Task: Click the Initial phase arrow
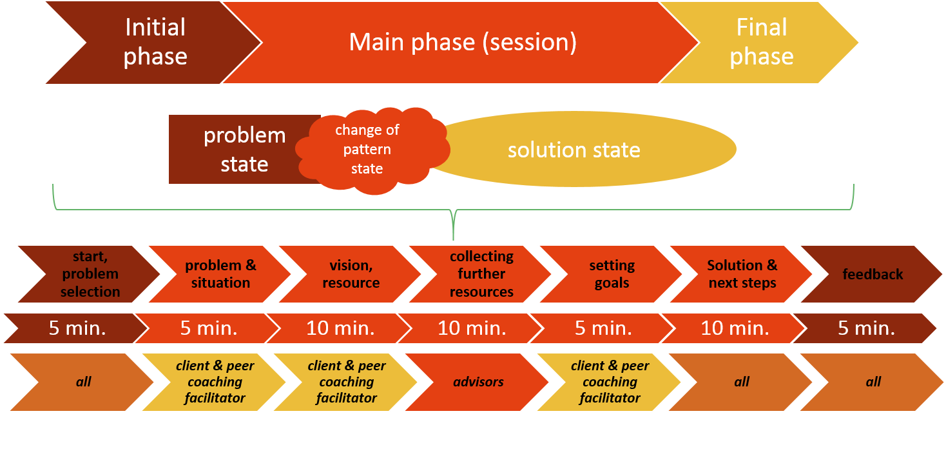[x=155, y=43]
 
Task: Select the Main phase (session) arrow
[x=463, y=43]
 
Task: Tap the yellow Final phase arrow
[x=761, y=43]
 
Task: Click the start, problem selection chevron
[x=90, y=274]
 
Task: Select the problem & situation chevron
[x=220, y=274]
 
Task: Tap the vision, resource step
[x=351, y=274]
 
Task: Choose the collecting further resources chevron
[x=481, y=274]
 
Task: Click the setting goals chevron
[x=612, y=274]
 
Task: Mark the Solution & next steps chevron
[x=742, y=274]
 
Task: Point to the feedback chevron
[x=873, y=274]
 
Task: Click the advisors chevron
[x=478, y=382]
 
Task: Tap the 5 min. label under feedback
[x=866, y=328]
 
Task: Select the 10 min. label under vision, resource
[x=340, y=328]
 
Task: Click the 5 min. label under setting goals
[x=603, y=328]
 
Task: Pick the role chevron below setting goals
[x=610, y=382]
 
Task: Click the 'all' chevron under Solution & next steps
[x=741, y=382]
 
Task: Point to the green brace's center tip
[x=453, y=239]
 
